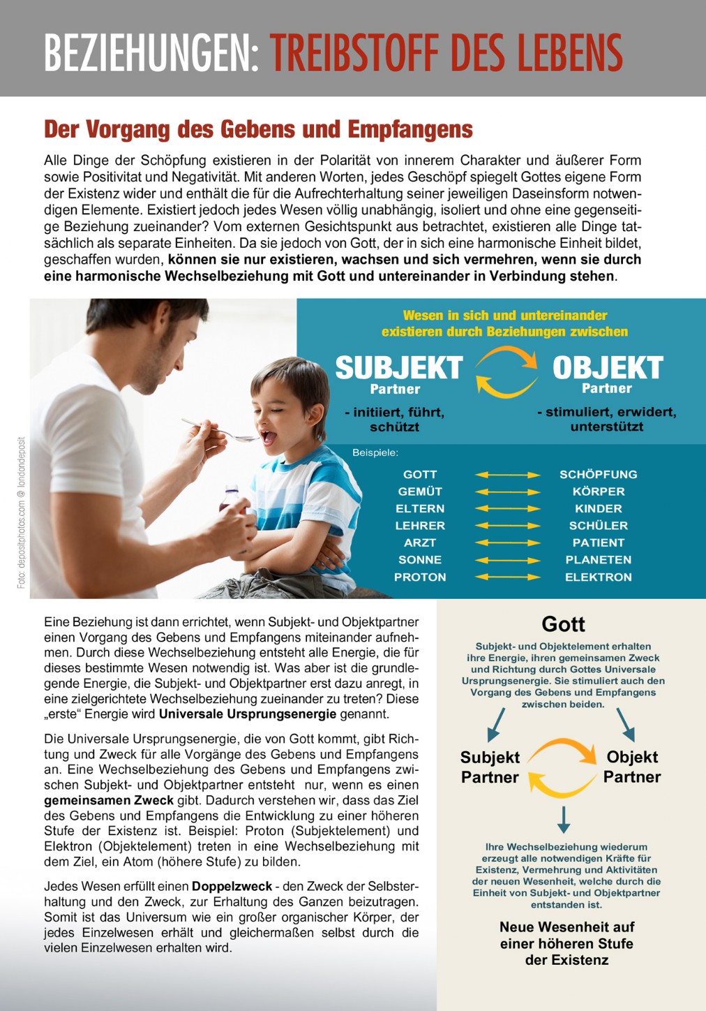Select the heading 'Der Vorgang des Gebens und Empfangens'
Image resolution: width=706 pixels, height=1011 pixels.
pyautogui.click(x=258, y=130)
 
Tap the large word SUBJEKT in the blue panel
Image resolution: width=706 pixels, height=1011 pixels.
pyautogui.click(x=398, y=368)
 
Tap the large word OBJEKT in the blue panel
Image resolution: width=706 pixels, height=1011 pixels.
pyautogui.click(x=607, y=368)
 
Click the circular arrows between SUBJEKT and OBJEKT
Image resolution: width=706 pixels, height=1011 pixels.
pyautogui.click(x=506, y=372)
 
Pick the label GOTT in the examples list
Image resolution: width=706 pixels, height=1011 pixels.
pyautogui.click(x=420, y=475)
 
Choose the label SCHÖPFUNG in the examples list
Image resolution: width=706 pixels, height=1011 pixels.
pyautogui.click(x=598, y=475)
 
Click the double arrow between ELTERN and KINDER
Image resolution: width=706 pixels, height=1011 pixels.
pyautogui.click(x=508, y=509)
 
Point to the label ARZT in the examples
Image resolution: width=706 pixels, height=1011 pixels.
pyautogui.click(x=420, y=543)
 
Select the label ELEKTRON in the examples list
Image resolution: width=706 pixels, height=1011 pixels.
pyautogui.click(x=598, y=577)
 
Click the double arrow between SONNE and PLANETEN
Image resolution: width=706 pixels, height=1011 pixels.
pyautogui.click(x=508, y=560)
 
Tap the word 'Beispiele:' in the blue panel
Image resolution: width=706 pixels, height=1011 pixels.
pyautogui.click(x=375, y=453)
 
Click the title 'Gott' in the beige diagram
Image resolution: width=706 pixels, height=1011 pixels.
pyautogui.click(x=563, y=624)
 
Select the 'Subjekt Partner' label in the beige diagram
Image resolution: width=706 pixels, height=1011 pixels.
pyautogui.click(x=490, y=767)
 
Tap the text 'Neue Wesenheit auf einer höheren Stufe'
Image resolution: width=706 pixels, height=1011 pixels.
pyautogui.click(x=566, y=936)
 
